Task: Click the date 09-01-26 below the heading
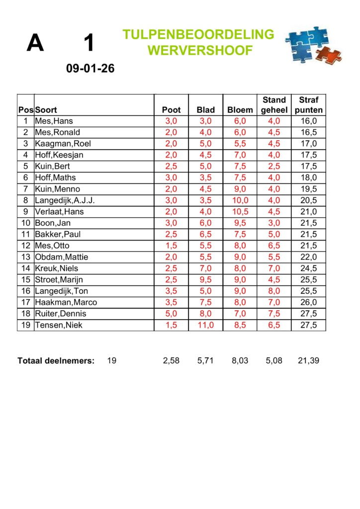(90, 69)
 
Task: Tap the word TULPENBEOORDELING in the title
(198, 34)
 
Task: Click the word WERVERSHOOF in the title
(200, 50)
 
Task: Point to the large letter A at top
(35, 43)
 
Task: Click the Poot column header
(172, 110)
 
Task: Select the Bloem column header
(240, 110)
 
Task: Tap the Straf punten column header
(309, 105)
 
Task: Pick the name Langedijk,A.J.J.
(65, 200)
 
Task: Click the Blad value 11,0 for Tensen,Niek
(206, 325)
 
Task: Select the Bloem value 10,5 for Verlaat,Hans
(240, 212)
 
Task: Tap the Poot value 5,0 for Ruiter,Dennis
(172, 314)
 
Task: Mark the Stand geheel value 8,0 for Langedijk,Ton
(274, 291)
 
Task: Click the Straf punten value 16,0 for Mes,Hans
(309, 121)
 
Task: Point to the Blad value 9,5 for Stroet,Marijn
(206, 280)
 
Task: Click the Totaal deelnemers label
(56, 361)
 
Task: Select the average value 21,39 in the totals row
(308, 361)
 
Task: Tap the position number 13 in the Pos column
(25, 257)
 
